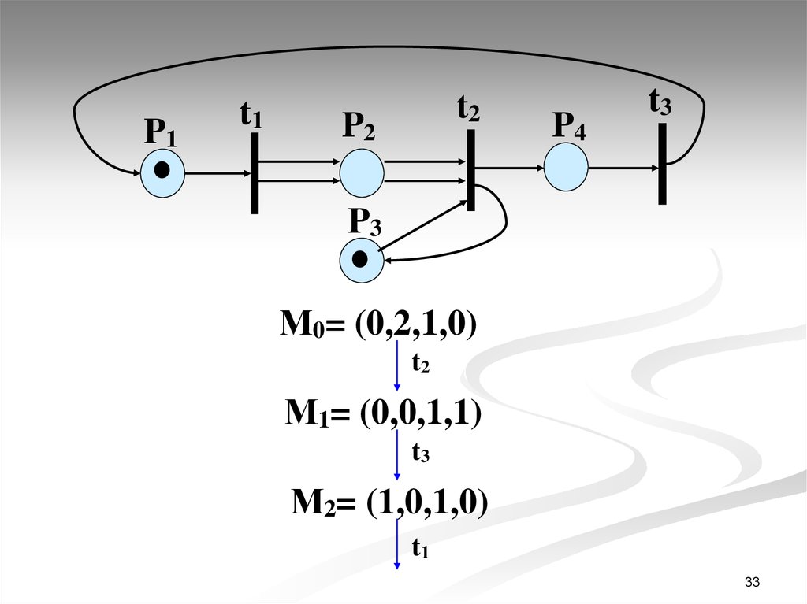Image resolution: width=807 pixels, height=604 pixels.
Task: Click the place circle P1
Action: click(x=162, y=173)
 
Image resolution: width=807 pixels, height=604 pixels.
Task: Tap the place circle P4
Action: click(x=567, y=169)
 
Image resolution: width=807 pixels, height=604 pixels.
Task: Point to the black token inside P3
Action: click(x=360, y=258)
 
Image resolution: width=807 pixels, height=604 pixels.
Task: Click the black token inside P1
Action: click(x=162, y=169)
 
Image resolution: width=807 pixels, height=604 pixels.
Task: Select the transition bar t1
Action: click(x=254, y=173)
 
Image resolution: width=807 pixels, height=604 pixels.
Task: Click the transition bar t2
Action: click(x=470, y=169)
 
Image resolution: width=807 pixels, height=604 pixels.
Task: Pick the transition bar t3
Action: click(x=662, y=164)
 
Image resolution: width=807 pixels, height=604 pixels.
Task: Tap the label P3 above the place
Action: click(x=365, y=224)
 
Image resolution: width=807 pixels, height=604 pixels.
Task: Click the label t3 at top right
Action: click(x=660, y=102)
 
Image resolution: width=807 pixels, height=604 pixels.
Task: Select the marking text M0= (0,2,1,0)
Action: click(x=379, y=324)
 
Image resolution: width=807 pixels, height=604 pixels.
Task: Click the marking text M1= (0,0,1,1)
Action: click(x=383, y=413)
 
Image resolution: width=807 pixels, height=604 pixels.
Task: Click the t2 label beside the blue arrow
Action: click(x=421, y=363)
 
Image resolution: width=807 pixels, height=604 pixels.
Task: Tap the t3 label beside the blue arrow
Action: click(x=421, y=452)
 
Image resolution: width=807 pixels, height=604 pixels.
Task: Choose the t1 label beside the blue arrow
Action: click(x=420, y=548)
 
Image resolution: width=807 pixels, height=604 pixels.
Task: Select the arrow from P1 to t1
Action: click(x=218, y=172)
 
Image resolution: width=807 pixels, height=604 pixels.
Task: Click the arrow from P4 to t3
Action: click(x=623, y=168)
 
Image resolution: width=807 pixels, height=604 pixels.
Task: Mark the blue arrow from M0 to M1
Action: click(x=397, y=366)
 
